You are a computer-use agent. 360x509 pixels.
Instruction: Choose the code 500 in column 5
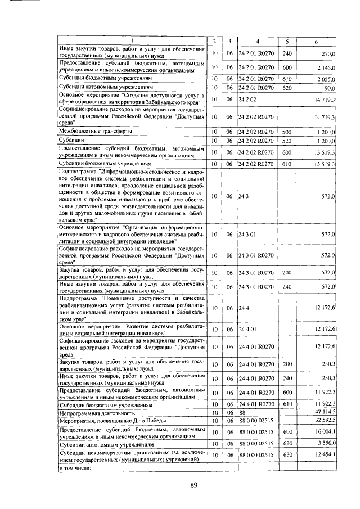(287, 131)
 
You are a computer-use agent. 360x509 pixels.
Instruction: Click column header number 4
(258, 41)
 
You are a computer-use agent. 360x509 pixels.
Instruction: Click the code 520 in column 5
(287, 139)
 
